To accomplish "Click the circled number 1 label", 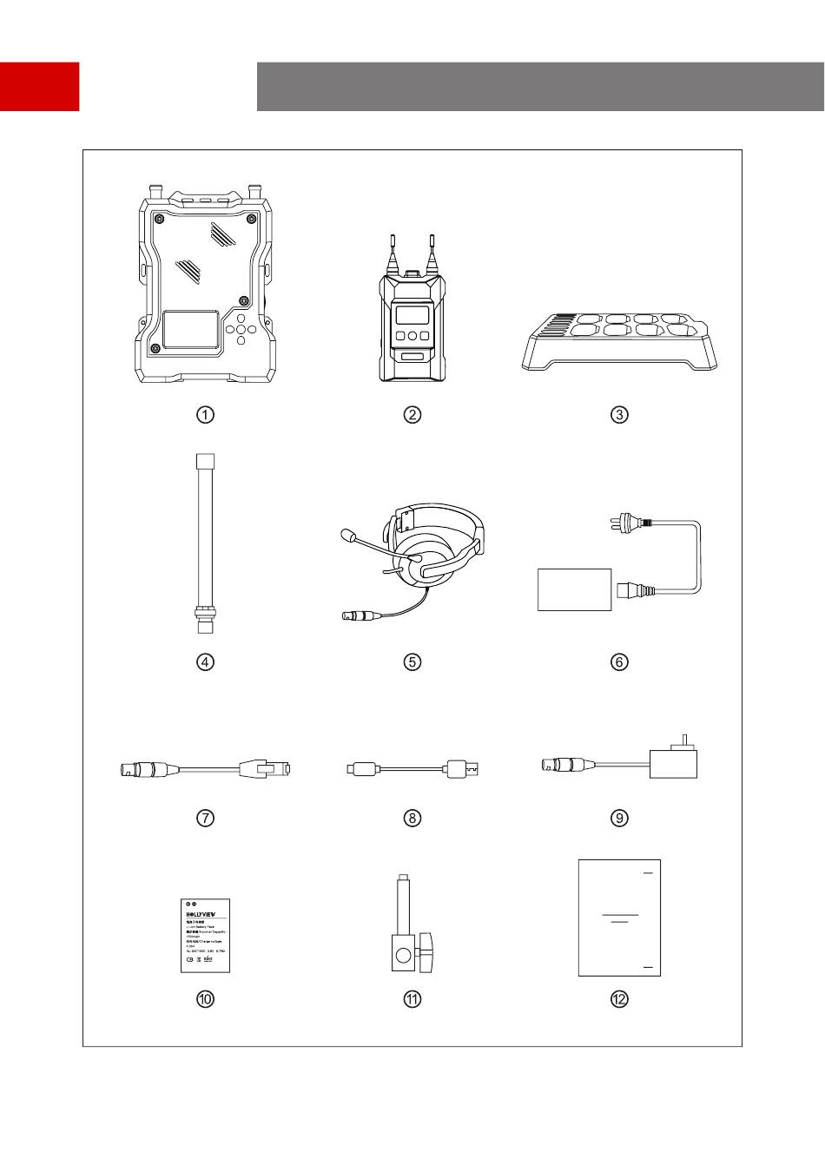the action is [x=205, y=415].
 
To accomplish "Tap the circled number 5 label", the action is [x=412, y=662].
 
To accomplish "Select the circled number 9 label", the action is [x=619, y=818].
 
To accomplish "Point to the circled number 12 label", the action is [x=619, y=999].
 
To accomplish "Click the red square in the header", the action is [x=39, y=86].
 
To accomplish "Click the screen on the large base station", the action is [x=191, y=332].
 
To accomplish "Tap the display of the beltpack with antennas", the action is [x=412, y=314].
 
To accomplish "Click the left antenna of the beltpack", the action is [x=393, y=252].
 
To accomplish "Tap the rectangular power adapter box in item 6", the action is [x=575, y=589].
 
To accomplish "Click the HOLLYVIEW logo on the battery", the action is [x=206, y=914].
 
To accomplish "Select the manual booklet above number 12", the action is [x=619, y=918].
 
